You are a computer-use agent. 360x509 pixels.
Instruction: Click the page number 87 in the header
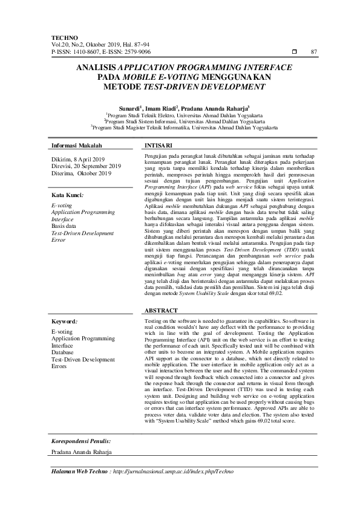(x=313, y=52)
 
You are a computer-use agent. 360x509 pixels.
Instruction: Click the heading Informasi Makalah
(x=76, y=146)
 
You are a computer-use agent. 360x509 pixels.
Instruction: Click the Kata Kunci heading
(x=67, y=195)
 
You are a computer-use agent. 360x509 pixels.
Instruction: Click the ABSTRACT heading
(x=161, y=310)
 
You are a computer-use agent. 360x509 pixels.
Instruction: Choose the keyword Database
(x=64, y=351)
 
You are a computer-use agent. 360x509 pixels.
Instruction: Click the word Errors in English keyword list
(x=59, y=366)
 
